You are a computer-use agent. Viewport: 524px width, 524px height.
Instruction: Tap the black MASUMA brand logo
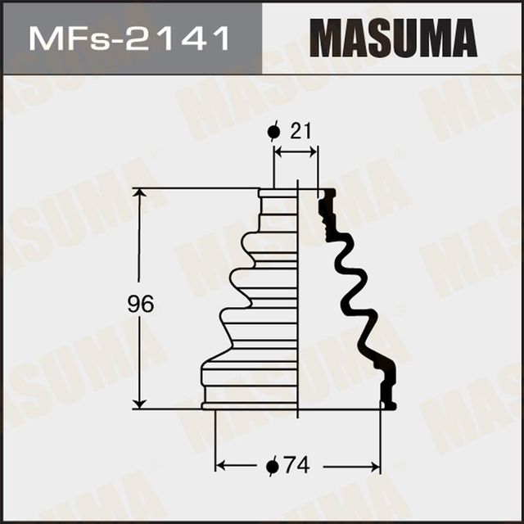pyautogui.click(x=393, y=38)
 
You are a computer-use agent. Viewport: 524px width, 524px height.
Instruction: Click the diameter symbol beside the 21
pyautogui.click(x=274, y=131)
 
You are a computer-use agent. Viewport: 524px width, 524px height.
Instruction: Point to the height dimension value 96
pyautogui.click(x=141, y=305)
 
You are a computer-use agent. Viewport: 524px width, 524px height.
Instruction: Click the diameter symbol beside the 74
pyautogui.click(x=273, y=467)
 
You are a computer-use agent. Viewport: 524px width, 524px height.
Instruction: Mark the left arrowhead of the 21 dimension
pyautogui.click(x=279, y=151)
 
